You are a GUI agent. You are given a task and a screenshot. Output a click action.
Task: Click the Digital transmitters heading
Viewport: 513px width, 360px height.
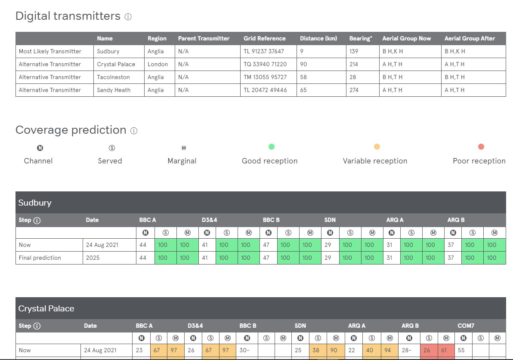pos(68,16)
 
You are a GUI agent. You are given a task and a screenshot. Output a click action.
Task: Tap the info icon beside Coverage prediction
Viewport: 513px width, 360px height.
pos(134,131)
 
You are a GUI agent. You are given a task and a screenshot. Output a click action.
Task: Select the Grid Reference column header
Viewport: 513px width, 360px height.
pos(264,38)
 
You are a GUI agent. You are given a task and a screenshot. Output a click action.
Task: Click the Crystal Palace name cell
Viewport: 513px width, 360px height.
pos(116,64)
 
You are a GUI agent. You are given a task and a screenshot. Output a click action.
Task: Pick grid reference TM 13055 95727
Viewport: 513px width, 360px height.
pos(265,77)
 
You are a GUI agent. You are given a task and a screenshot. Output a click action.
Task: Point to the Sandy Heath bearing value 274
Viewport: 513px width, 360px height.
pos(354,90)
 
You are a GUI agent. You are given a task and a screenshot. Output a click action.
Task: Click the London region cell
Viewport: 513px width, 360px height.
pos(158,64)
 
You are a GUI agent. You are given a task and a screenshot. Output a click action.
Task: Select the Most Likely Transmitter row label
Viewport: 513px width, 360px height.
pos(50,51)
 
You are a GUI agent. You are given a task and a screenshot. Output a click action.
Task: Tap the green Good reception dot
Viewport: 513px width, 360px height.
pos(271,147)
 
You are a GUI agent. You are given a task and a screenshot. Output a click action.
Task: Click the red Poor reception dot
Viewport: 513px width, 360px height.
pos(481,147)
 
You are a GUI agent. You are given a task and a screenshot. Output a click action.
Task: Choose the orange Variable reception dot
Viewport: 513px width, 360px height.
pos(377,147)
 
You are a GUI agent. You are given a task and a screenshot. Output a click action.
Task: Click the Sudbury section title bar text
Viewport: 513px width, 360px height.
pos(35,203)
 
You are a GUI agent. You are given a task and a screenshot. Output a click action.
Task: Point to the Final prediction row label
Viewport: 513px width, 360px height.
pos(40,258)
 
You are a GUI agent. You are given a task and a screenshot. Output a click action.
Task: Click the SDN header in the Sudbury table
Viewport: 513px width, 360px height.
pos(330,220)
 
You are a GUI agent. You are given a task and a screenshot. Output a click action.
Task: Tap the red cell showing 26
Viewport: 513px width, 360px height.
pos(427,350)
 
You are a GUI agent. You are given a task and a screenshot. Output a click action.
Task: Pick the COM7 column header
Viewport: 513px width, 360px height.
pos(466,326)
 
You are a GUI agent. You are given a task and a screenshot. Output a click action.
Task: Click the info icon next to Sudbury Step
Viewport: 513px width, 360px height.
pos(37,220)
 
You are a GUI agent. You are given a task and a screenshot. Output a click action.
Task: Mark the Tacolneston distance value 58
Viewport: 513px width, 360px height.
pos(303,77)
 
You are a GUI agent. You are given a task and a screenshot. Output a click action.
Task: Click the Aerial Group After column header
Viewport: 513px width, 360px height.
pos(470,38)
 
